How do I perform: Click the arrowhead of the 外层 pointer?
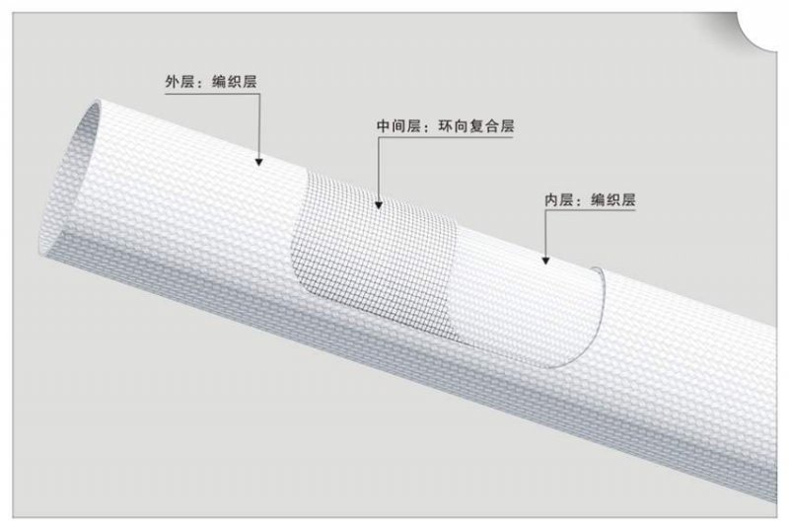click(x=258, y=160)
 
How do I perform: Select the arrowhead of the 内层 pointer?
click(x=544, y=263)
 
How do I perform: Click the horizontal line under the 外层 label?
click(x=212, y=96)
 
